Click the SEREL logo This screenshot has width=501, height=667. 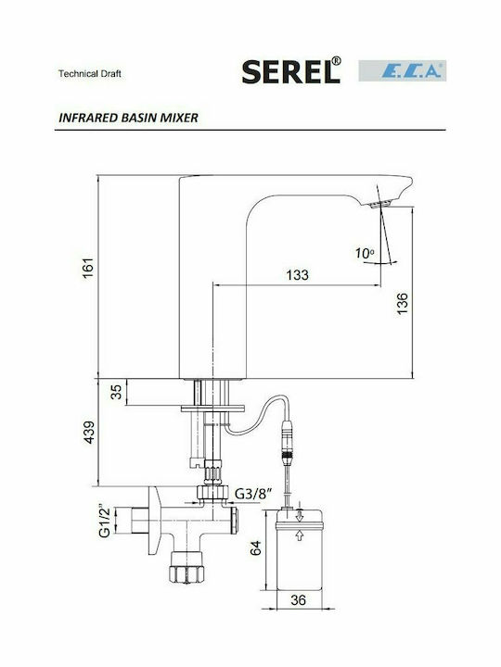coord(291,70)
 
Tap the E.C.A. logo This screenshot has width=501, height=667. coord(402,70)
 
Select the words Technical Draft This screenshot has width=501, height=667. coord(90,73)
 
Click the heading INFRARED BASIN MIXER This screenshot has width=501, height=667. coord(128,118)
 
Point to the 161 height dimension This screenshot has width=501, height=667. coord(88,268)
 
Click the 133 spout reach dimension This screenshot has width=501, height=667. coord(298,275)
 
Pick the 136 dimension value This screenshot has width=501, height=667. coord(402,304)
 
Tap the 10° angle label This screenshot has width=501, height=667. coord(365,254)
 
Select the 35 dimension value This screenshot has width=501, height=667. coord(116,392)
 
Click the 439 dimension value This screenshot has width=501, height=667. coord(89,433)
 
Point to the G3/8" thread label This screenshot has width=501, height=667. coord(253,494)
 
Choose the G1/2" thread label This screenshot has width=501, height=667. coord(105,521)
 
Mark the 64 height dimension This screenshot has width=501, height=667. coord(256,548)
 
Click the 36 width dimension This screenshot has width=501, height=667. coord(298,599)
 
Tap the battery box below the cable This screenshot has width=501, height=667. coord(299,549)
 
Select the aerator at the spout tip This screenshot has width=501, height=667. coord(380,204)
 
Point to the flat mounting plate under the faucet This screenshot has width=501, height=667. coord(212,409)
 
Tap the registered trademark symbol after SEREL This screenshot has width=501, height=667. coord(336,61)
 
